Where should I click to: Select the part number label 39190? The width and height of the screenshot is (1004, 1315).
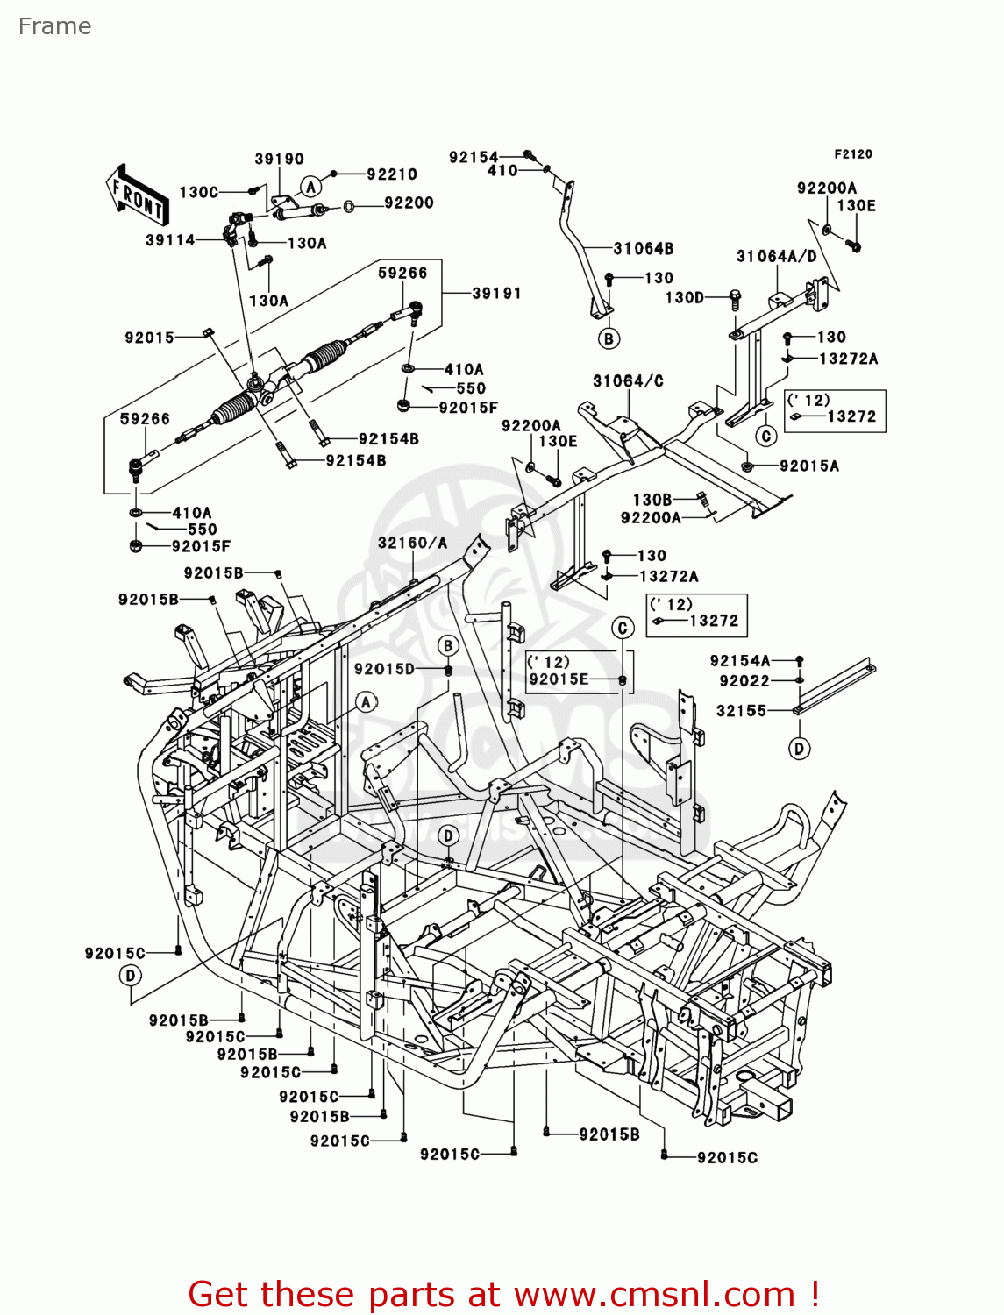pyautogui.click(x=279, y=159)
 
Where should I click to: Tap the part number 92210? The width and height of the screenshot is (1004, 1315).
pyautogui.click(x=391, y=174)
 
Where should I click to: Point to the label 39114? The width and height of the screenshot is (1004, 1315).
pyautogui.click(x=170, y=239)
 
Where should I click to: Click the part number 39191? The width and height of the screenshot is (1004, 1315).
pyautogui.click(x=496, y=293)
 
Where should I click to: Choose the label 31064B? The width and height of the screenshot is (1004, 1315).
pyautogui.click(x=643, y=249)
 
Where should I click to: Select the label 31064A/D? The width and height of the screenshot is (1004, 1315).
pyautogui.click(x=776, y=256)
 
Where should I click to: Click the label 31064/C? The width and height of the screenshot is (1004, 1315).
pyautogui.click(x=628, y=380)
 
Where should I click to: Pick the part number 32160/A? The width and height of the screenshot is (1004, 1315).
pyautogui.click(x=412, y=543)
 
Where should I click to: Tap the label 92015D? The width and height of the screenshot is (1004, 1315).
pyautogui.click(x=384, y=669)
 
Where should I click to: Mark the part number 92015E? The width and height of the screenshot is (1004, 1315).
pyautogui.click(x=559, y=679)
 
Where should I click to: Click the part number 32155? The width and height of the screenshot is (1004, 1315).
pyautogui.click(x=741, y=711)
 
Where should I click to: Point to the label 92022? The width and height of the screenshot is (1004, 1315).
pyautogui.click(x=744, y=681)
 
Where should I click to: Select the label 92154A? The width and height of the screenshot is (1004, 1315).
pyautogui.click(x=739, y=661)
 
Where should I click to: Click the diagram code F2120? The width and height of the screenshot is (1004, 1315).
pyautogui.click(x=852, y=154)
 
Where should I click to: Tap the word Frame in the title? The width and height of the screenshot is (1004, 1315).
pyautogui.click(x=54, y=26)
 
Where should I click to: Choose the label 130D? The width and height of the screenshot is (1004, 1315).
pyautogui.click(x=684, y=297)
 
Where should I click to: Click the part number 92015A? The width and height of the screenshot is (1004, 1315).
pyautogui.click(x=808, y=466)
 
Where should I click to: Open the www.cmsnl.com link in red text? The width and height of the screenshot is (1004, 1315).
pyautogui.click(x=653, y=1294)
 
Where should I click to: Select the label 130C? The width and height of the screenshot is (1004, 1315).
pyautogui.click(x=198, y=192)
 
